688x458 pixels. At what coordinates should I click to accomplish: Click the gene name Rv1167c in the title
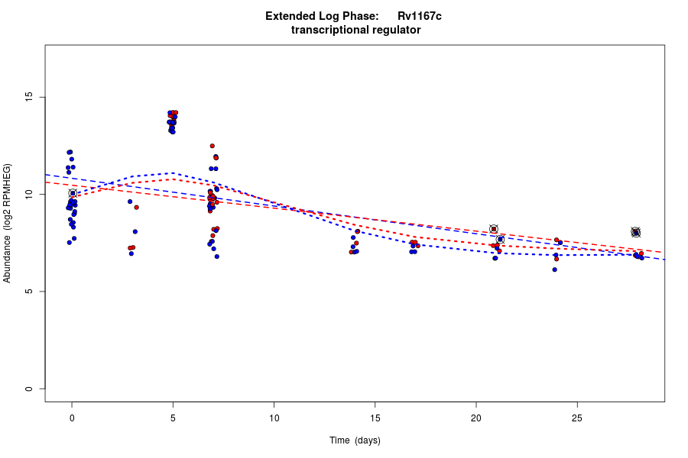tap(419, 16)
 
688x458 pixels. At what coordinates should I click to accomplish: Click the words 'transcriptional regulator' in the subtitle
tap(355, 30)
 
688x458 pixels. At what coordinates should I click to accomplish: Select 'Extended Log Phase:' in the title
tap(322, 16)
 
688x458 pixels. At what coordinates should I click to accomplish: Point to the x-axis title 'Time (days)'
tap(355, 440)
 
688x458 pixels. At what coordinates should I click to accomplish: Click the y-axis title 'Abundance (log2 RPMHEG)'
tap(8, 223)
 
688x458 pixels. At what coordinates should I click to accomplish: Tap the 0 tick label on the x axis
tap(72, 417)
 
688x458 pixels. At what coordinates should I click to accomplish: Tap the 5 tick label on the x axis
tap(173, 417)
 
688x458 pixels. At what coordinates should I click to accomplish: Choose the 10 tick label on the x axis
tap(274, 417)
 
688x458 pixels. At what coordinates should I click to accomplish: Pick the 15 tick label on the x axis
tap(375, 417)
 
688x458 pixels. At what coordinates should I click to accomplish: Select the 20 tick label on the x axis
tap(475, 417)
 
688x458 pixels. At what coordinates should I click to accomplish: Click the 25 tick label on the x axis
tap(576, 417)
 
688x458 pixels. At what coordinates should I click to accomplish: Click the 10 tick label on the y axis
tap(29, 195)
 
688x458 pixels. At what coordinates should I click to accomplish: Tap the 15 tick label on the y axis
tap(29, 98)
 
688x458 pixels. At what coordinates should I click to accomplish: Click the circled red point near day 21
tap(494, 229)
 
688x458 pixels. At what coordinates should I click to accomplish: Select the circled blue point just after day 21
tap(501, 239)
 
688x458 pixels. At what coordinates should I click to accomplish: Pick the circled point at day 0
tap(73, 193)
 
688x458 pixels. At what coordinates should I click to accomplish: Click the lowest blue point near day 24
tap(554, 269)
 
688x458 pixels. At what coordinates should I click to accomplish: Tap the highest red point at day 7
tap(212, 146)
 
